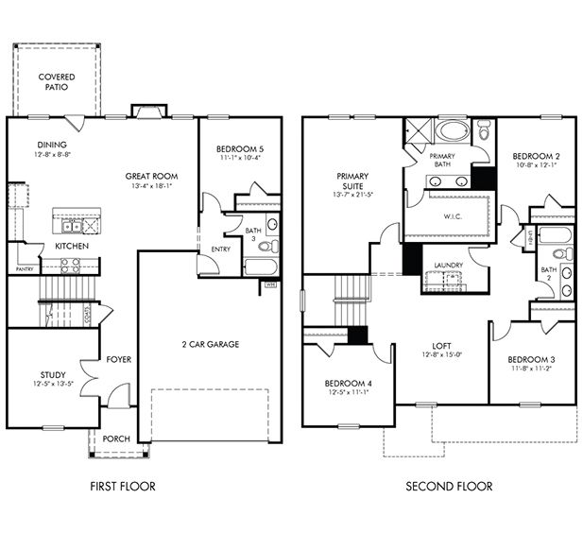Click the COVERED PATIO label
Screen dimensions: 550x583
(57, 81)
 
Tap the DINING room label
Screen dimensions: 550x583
(53, 145)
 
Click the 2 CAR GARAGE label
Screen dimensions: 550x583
(209, 344)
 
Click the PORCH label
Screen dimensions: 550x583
(117, 438)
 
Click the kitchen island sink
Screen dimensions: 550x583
(71, 226)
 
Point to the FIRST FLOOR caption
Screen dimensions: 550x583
(121, 487)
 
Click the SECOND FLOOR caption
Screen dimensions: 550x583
(449, 487)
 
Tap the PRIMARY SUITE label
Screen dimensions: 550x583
(354, 181)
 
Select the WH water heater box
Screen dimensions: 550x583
(269, 283)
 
